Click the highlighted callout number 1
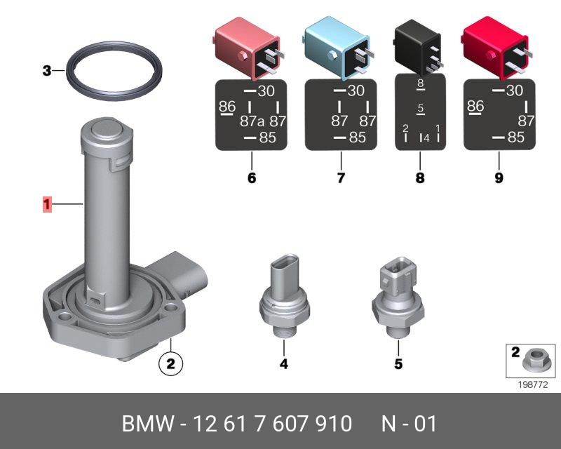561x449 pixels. (47, 204)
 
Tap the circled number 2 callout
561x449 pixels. (170, 364)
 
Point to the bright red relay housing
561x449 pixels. (496, 48)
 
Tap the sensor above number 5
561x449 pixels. (398, 296)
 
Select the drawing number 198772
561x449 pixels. (533, 384)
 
